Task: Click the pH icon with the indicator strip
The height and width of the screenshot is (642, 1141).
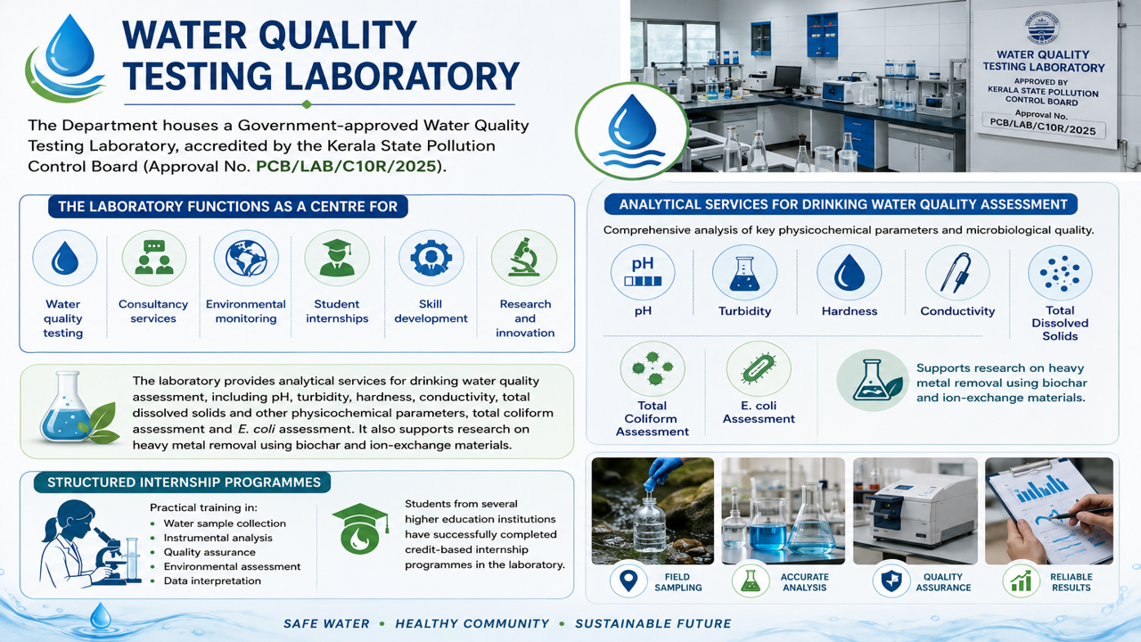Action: [643, 272]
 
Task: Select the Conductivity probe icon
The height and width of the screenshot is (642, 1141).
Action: [957, 273]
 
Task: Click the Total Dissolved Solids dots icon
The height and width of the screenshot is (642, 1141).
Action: [1060, 273]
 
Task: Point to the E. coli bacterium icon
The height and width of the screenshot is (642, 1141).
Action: [759, 368]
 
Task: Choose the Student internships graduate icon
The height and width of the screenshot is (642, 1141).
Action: [337, 258]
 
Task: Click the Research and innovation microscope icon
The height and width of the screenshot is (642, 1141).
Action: [524, 258]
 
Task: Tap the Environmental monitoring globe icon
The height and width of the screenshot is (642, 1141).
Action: [246, 258]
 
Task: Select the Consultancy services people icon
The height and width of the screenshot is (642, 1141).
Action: [154, 258]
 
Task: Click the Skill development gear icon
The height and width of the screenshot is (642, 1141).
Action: [431, 258]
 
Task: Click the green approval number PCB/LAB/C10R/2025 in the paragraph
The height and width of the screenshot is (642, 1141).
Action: [347, 167]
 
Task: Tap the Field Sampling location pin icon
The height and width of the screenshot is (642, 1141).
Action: [628, 580]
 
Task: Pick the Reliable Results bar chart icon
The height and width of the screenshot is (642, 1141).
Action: [1022, 580]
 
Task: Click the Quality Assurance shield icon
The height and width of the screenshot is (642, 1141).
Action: [891, 580]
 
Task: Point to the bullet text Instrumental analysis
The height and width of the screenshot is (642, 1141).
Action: [218, 538]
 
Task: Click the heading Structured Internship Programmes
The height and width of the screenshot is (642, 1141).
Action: [184, 482]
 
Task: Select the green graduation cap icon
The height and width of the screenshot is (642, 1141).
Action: [360, 529]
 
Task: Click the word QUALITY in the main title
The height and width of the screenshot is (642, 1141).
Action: [338, 35]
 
